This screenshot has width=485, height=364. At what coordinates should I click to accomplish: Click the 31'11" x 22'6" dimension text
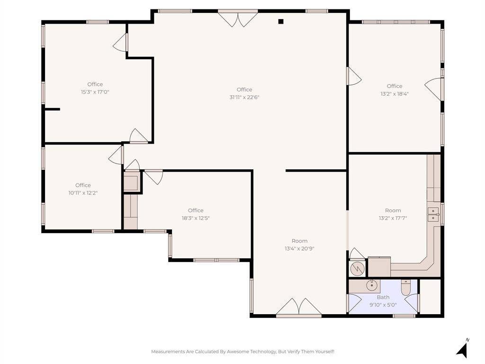point(244,97)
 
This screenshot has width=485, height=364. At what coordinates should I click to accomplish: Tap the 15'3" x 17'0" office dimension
point(95,92)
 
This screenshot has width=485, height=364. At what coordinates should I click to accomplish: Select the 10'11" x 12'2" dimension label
point(83,193)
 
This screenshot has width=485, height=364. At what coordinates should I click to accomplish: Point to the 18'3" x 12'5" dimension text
point(196,218)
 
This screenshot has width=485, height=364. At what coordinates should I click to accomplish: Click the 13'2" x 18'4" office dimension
point(395,94)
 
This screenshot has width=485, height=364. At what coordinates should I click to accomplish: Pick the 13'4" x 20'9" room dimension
point(299,248)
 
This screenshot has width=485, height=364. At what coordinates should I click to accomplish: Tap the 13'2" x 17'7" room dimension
point(393,218)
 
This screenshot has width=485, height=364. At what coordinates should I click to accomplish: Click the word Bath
point(383,297)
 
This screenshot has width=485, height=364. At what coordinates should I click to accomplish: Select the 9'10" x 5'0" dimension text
point(383,305)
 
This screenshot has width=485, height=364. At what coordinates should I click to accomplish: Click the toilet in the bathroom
point(405,288)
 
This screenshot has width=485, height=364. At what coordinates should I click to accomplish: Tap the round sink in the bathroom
point(371,285)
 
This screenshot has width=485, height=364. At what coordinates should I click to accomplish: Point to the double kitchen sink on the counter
point(433,215)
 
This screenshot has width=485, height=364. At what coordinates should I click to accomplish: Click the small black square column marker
point(281,21)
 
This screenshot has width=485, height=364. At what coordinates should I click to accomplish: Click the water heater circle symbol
point(357,268)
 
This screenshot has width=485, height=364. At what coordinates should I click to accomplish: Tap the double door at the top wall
point(238,18)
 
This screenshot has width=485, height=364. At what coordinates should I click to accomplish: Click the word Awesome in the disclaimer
point(237,352)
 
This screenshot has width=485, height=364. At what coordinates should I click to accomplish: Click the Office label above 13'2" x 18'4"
point(395,86)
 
